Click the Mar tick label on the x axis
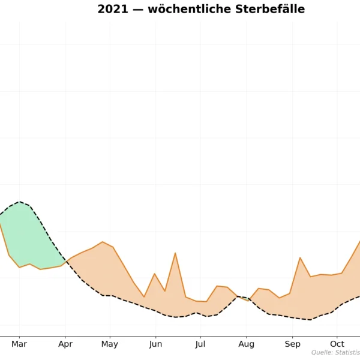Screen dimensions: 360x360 click(19, 344)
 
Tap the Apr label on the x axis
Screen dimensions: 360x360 click(65, 344)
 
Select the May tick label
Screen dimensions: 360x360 click(110, 344)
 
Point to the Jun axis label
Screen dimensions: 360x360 click(155, 344)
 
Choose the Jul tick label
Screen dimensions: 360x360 click(200, 344)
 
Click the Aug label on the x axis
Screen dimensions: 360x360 click(246, 344)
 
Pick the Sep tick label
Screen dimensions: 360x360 click(292, 344)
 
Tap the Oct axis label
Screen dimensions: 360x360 click(337, 344)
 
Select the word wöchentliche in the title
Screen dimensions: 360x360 click(184, 10)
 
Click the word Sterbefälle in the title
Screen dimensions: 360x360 click(271, 10)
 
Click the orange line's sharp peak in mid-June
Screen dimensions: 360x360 click(175, 253)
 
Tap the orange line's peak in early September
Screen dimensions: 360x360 click(300, 257)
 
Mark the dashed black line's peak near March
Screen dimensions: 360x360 click(20, 202)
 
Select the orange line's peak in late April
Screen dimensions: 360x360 click(103, 242)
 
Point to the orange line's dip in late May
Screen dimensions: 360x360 click(144, 296)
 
